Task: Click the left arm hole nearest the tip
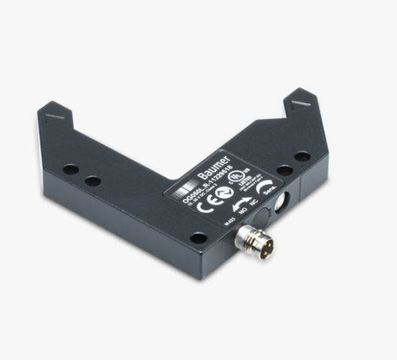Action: pyautogui.click(x=70, y=170)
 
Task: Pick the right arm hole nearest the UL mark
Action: pyautogui.click(x=284, y=170)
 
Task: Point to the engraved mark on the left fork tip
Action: pyautogui.click(x=53, y=115)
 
